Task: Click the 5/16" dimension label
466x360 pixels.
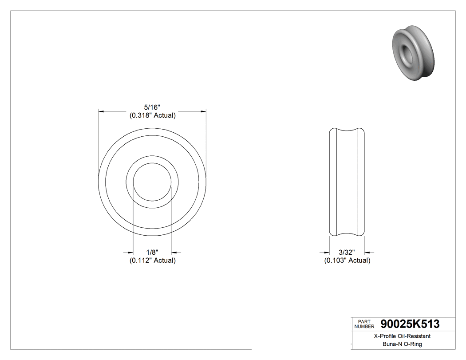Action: pos(152,107)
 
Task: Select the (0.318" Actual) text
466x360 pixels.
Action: pos(152,115)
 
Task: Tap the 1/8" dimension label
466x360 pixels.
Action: pos(152,252)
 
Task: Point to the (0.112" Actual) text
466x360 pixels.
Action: pos(152,261)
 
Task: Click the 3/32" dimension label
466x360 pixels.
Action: pos(347,252)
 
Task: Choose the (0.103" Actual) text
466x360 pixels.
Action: pos(347,261)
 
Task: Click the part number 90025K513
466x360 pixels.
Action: pos(410,324)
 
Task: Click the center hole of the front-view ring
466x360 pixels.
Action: pos(152,182)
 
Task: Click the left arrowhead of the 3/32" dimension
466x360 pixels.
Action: pos(326,252)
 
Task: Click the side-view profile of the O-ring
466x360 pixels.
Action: pos(347,182)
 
